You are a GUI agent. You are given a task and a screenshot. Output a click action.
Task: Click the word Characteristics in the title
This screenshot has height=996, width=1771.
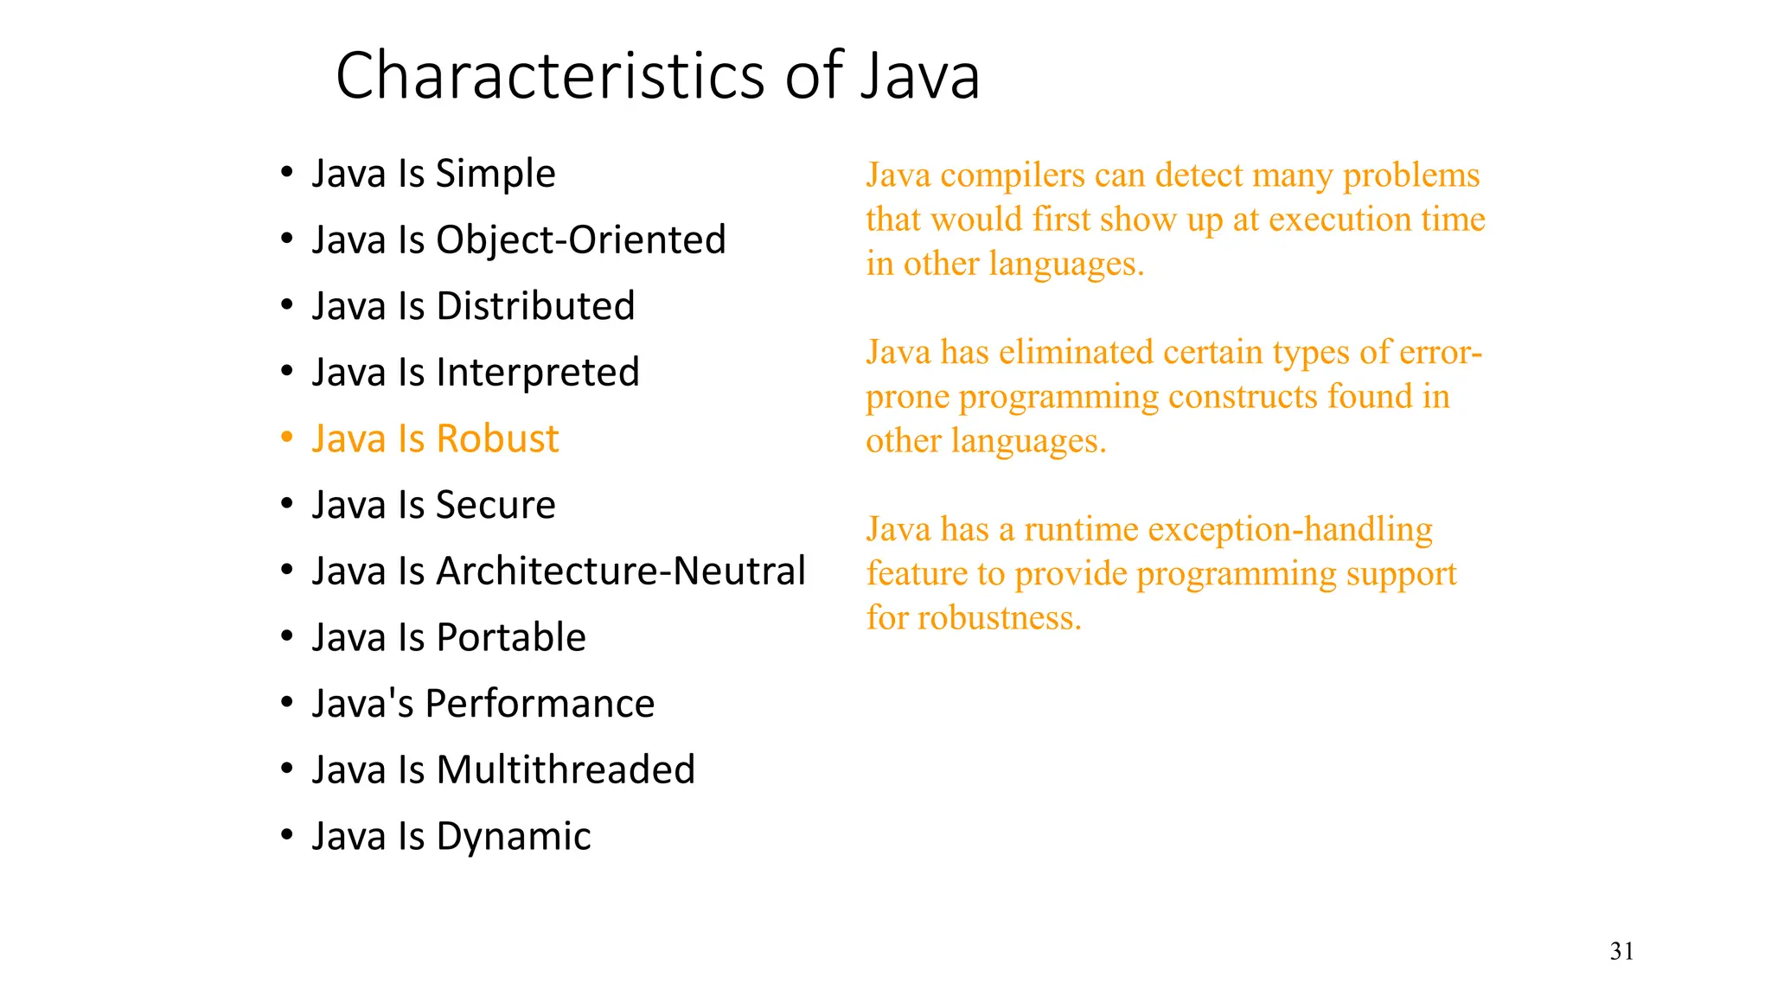click(552, 76)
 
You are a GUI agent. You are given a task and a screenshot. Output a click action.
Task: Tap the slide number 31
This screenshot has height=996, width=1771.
click(1621, 952)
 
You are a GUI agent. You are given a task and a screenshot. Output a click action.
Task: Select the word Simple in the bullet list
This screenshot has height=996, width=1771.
click(495, 174)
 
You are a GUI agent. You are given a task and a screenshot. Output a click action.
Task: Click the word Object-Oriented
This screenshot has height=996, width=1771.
click(580, 240)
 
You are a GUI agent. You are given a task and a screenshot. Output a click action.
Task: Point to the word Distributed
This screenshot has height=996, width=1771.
click(535, 306)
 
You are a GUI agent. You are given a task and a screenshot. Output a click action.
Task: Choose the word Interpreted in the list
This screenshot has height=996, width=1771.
click(537, 373)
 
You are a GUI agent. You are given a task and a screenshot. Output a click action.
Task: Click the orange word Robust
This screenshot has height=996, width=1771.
click(497, 439)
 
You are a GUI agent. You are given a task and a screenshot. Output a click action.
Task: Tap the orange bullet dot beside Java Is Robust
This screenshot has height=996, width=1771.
click(287, 437)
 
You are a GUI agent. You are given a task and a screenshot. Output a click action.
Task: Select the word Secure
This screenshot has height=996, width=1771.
click(495, 505)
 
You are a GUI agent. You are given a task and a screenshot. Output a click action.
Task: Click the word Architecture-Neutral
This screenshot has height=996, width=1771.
click(621, 571)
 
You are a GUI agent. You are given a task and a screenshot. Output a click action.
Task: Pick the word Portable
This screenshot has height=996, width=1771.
click(511, 638)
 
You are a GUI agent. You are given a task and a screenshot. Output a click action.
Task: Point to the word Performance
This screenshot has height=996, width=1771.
click(540, 704)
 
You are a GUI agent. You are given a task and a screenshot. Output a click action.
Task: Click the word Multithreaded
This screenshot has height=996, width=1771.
click(566, 770)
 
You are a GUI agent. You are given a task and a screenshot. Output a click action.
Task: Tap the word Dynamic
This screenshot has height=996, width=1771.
click(514, 837)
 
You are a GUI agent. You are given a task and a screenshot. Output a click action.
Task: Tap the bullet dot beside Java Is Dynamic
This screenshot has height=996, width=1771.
click(287, 834)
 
